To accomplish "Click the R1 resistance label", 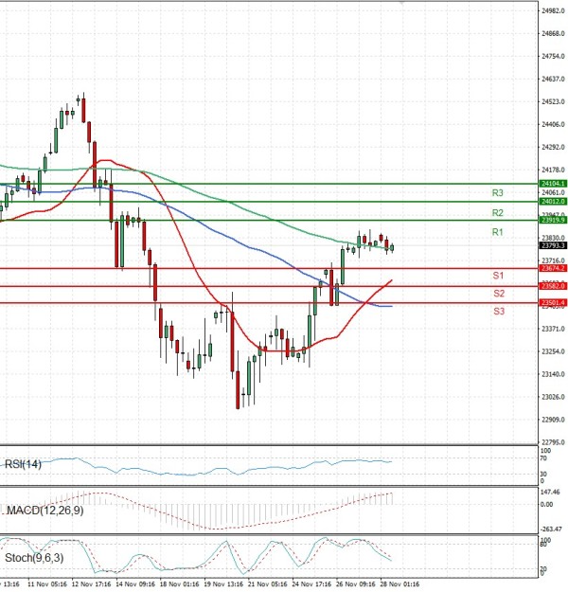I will click(x=496, y=232).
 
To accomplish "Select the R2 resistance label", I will click(x=496, y=212).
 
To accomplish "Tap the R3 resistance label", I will click(x=496, y=192).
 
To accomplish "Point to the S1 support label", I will click(x=496, y=275).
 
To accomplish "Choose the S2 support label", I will click(x=496, y=293).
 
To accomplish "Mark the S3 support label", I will click(x=496, y=311).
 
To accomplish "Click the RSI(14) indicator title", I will click(x=23, y=465).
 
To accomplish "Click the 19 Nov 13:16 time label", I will click(x=222, y=585).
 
